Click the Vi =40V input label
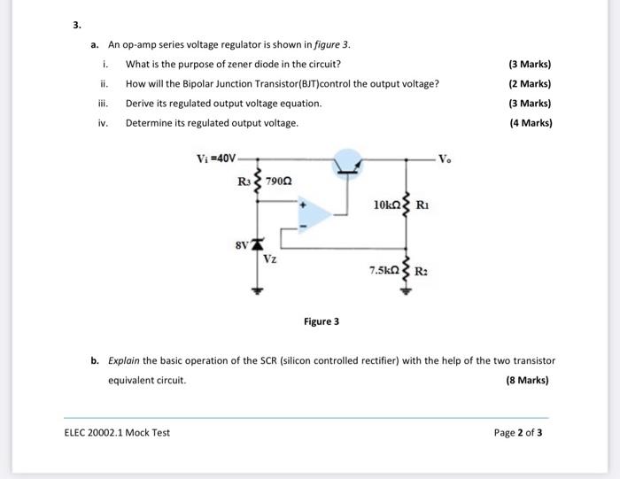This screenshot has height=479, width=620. [x=216, y=159]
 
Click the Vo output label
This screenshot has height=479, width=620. [x=456, y=160]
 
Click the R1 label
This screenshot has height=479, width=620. [x=423, y=205]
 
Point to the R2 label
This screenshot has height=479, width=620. [x=422, y=269]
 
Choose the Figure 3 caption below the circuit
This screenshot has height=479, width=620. [x=321, y=321]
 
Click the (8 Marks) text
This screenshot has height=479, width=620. [x=527, y=381]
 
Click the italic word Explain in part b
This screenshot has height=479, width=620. [x=123, y=361]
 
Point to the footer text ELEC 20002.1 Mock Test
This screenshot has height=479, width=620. [x=117, y=432]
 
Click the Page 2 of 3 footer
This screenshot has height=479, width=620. [x=518, y=432]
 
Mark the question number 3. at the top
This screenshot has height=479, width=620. [x=77, y=24]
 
